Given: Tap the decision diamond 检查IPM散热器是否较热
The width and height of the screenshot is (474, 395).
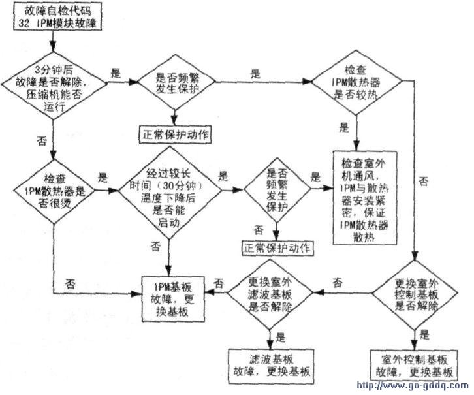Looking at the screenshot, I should (354, 84).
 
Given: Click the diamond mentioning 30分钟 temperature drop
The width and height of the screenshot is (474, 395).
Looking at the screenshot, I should (168, 191).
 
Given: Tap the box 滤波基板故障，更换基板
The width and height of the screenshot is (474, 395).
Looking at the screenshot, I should (269, 362).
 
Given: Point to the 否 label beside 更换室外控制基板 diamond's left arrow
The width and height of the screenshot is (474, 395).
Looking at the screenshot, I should (338, 282).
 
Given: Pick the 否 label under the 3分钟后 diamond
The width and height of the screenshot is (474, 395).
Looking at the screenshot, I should (41, 138).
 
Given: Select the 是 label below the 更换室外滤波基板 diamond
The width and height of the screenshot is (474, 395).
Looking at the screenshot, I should (281, 338).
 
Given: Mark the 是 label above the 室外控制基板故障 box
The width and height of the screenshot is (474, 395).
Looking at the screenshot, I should (425, 337).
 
